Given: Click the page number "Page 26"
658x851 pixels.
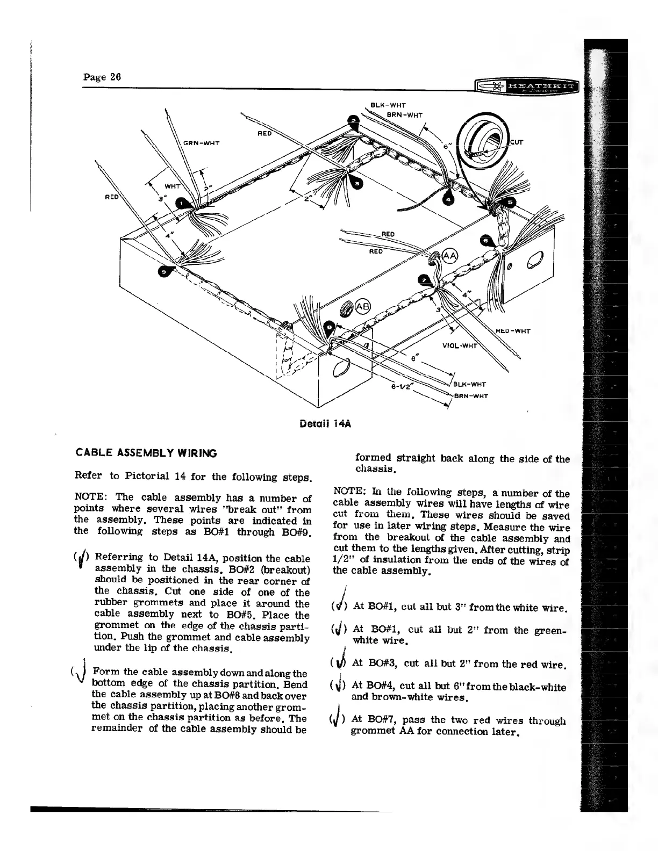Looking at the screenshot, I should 102,76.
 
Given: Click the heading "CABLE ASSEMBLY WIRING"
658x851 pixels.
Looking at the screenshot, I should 145,453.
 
